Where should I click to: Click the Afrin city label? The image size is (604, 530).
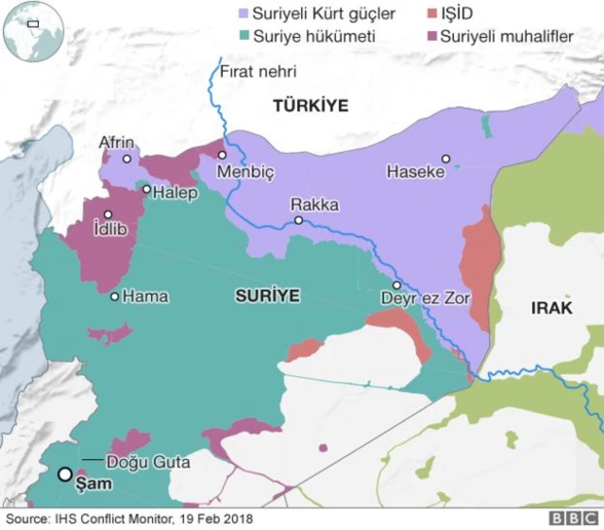[117, 143]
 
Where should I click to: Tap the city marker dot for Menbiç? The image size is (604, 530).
[222, 155]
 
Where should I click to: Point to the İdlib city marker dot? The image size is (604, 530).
[109, 214]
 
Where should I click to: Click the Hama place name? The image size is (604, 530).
[146, 297]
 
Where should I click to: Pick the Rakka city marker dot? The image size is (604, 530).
[298, 220]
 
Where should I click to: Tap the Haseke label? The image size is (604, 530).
[415, 172]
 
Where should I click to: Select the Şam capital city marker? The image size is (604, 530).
[65, 474]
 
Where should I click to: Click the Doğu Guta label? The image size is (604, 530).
[148, 462]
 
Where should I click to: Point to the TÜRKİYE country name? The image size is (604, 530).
[310, 106]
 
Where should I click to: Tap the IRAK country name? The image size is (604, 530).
[552, 308]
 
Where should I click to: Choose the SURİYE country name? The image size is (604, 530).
[267, 297]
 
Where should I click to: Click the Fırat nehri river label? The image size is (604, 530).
[258, 71]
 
